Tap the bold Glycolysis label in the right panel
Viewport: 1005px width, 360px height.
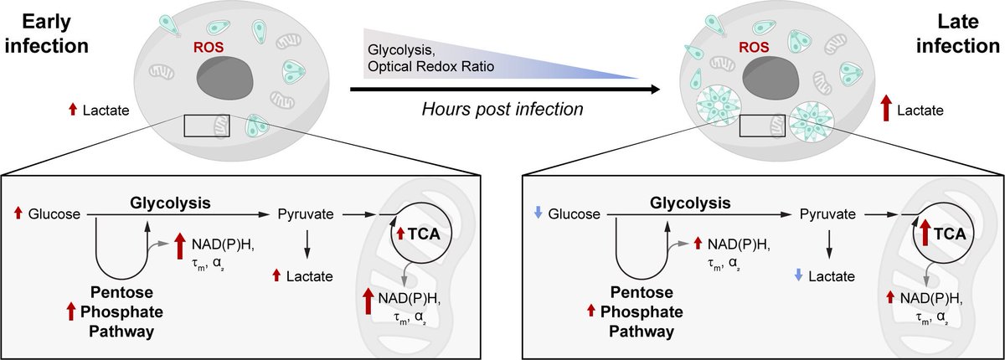point(687,203)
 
